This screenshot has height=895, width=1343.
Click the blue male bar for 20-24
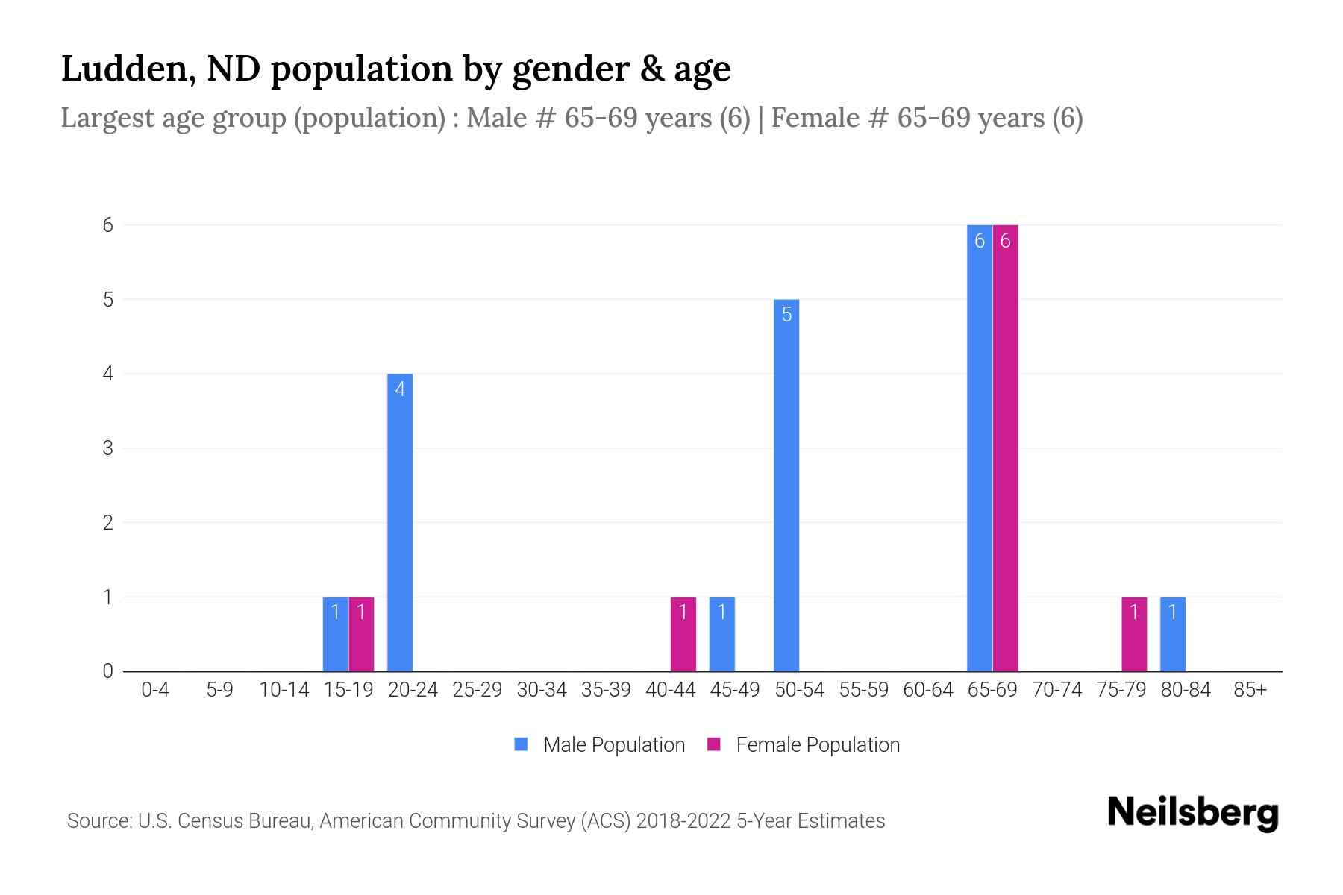tap(400, 522)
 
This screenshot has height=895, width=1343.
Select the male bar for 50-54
tap(786, 485)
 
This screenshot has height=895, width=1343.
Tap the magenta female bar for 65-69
tap(1005, 447)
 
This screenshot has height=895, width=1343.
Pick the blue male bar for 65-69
tap(979, 447)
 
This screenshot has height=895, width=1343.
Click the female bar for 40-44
tap(683, 634)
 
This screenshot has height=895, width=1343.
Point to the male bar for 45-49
tap(721, 634)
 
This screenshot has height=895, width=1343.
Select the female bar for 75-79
tap(1133, 634)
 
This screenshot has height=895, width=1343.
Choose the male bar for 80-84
tap(1172, 634)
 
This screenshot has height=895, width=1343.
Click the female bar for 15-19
tap(361, 634)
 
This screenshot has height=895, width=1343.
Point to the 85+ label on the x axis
tap(1250, 690)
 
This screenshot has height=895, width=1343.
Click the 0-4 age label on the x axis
tap(155, 690)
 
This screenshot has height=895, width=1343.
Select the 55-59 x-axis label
tap(863, 690)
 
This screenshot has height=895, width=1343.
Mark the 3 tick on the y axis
tap(108, 448)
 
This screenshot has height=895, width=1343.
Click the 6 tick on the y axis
tap(108, 225)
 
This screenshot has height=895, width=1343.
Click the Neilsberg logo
tap(1192, 813)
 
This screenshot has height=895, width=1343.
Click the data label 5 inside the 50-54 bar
tap(786, 315)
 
